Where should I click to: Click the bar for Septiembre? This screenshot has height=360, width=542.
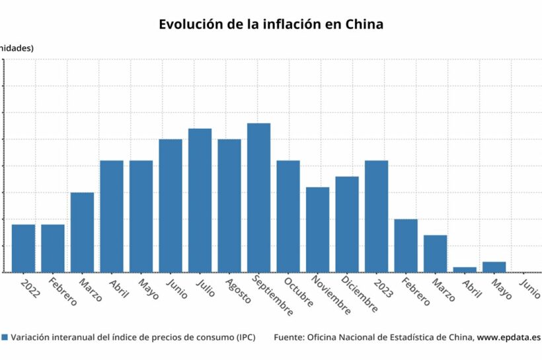point(258,198)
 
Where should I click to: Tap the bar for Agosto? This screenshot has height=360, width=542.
point(229,205)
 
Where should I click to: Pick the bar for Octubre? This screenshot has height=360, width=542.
point(288,216)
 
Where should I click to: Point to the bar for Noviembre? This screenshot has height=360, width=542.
point(317,229)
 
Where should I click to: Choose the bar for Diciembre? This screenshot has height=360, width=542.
point(347,224)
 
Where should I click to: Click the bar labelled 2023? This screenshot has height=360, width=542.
point(376,216)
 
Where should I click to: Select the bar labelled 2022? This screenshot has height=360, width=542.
point(23,248)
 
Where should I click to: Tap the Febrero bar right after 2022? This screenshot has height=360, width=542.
point(53,248)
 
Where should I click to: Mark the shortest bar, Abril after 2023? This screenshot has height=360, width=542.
point(465,270)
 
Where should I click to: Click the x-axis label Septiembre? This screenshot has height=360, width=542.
point(272,297)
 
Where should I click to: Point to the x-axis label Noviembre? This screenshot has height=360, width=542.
point(330,296)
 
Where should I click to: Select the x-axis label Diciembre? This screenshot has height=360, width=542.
point(361,295)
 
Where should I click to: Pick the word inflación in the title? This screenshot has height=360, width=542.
point(286,24)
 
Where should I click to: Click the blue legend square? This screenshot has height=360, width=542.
point(5,337)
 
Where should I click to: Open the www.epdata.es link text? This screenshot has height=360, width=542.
point(509,337)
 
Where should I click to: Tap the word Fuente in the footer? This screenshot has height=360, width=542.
point(288,337)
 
